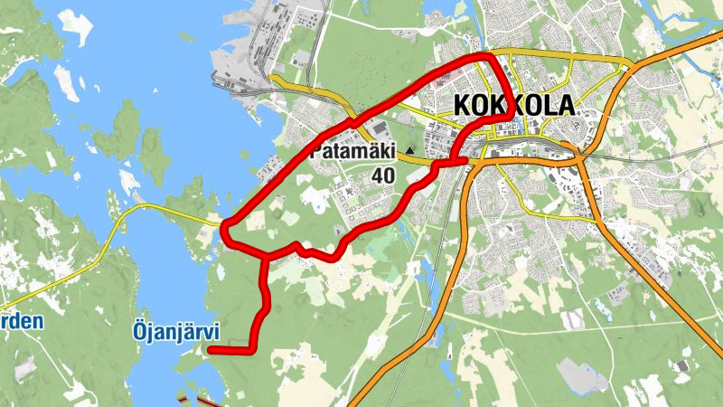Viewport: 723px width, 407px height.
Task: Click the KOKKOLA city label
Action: click(513, 105)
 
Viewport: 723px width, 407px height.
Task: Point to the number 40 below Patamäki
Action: click(383, 175)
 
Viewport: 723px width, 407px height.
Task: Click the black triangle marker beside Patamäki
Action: click(410, 150)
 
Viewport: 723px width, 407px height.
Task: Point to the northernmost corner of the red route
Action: click(488, 57)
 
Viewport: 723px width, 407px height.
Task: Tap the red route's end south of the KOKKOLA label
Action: click(466, 160)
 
